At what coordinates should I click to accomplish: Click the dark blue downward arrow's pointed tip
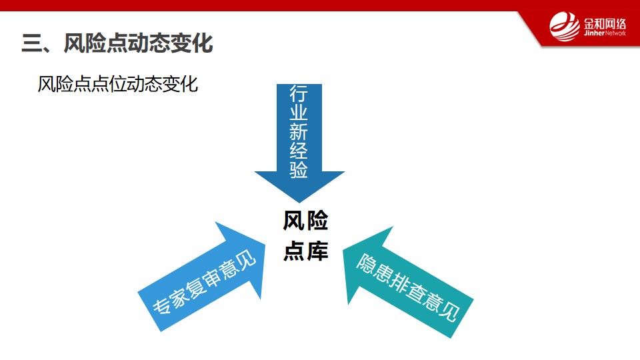[299, 203]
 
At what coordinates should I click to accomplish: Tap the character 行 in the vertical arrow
[299, 93]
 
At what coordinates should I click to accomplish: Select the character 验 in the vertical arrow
[299, 169]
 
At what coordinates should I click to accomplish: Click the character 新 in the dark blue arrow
[299, 131]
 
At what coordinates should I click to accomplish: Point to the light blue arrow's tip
[265, 245]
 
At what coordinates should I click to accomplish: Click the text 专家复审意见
[204, 283]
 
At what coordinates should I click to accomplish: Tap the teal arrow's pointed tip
[343, 248]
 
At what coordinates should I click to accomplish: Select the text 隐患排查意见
[408, 287]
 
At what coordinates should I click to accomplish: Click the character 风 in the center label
[294, 221]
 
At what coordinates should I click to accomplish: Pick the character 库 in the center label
[317, 251]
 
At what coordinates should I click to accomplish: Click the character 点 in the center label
[294, 251]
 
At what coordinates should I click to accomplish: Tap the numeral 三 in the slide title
[31, 43]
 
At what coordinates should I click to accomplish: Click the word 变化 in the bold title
[192, 43]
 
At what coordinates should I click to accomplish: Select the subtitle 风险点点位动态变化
[118, 84]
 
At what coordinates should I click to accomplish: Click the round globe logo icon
[565, 27]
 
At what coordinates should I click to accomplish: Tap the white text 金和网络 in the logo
[605, 23]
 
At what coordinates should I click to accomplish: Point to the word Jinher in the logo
[594, 33]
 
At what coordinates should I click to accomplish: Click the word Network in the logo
[615, 33]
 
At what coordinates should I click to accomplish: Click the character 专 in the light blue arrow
[161, 305]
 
